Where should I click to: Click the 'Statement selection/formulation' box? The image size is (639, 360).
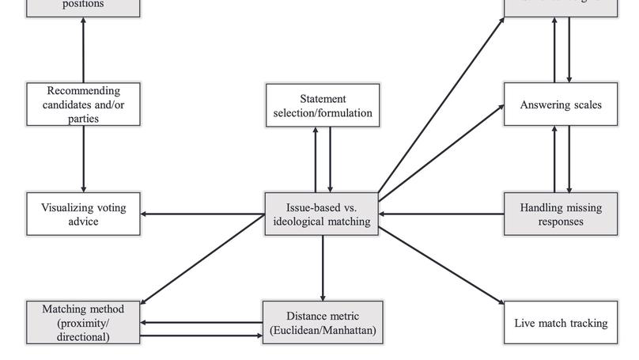pyautogui.click(x=323, y=105)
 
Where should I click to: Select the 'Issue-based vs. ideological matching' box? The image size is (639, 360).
pyautogui.click(x=322, y=214)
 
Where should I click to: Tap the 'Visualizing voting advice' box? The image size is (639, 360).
pyautogui.click(x=83, y=214)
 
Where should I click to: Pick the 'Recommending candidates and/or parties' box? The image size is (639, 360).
pyautogui.click(x=83, y=104)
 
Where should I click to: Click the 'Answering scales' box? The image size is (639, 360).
pyautogui.click(x=561, y=104)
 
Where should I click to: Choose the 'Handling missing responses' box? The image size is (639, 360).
pyautogui.click(x=561, y=214)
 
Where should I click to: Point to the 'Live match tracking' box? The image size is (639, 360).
pyautogui.click(x=561, y=323)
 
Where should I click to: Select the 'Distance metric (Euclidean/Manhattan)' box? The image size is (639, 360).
pyautogui.click(x=323, y=323)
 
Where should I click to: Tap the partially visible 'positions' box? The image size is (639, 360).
pyautogui.click(x=83, y=6)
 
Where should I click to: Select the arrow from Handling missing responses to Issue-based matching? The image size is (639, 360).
pyautogui.click(x=442, y=214)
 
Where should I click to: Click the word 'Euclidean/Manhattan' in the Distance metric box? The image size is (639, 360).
pyautogui.click(x=323, y=330)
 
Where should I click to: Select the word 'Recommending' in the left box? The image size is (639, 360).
pyautogui.click(x=83, y=91)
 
